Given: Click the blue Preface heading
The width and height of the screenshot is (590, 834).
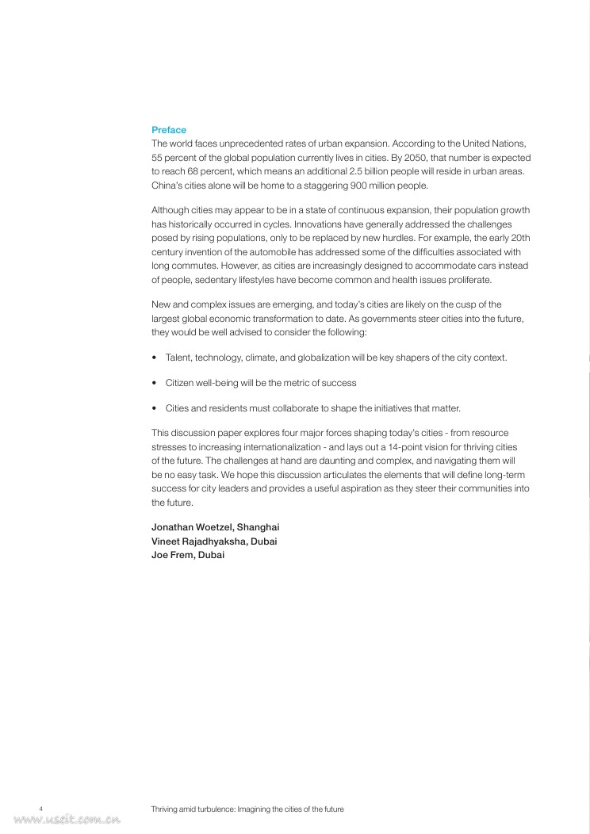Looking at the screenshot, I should coord(169,130).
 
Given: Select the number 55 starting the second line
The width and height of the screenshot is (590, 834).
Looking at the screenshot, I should coord(157,157).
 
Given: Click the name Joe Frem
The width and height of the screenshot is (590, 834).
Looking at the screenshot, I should coord(169,555).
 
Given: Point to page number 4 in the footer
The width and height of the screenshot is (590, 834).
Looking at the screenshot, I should coord(40,809).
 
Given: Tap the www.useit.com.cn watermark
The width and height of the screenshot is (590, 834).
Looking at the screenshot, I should coord(67,821).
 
